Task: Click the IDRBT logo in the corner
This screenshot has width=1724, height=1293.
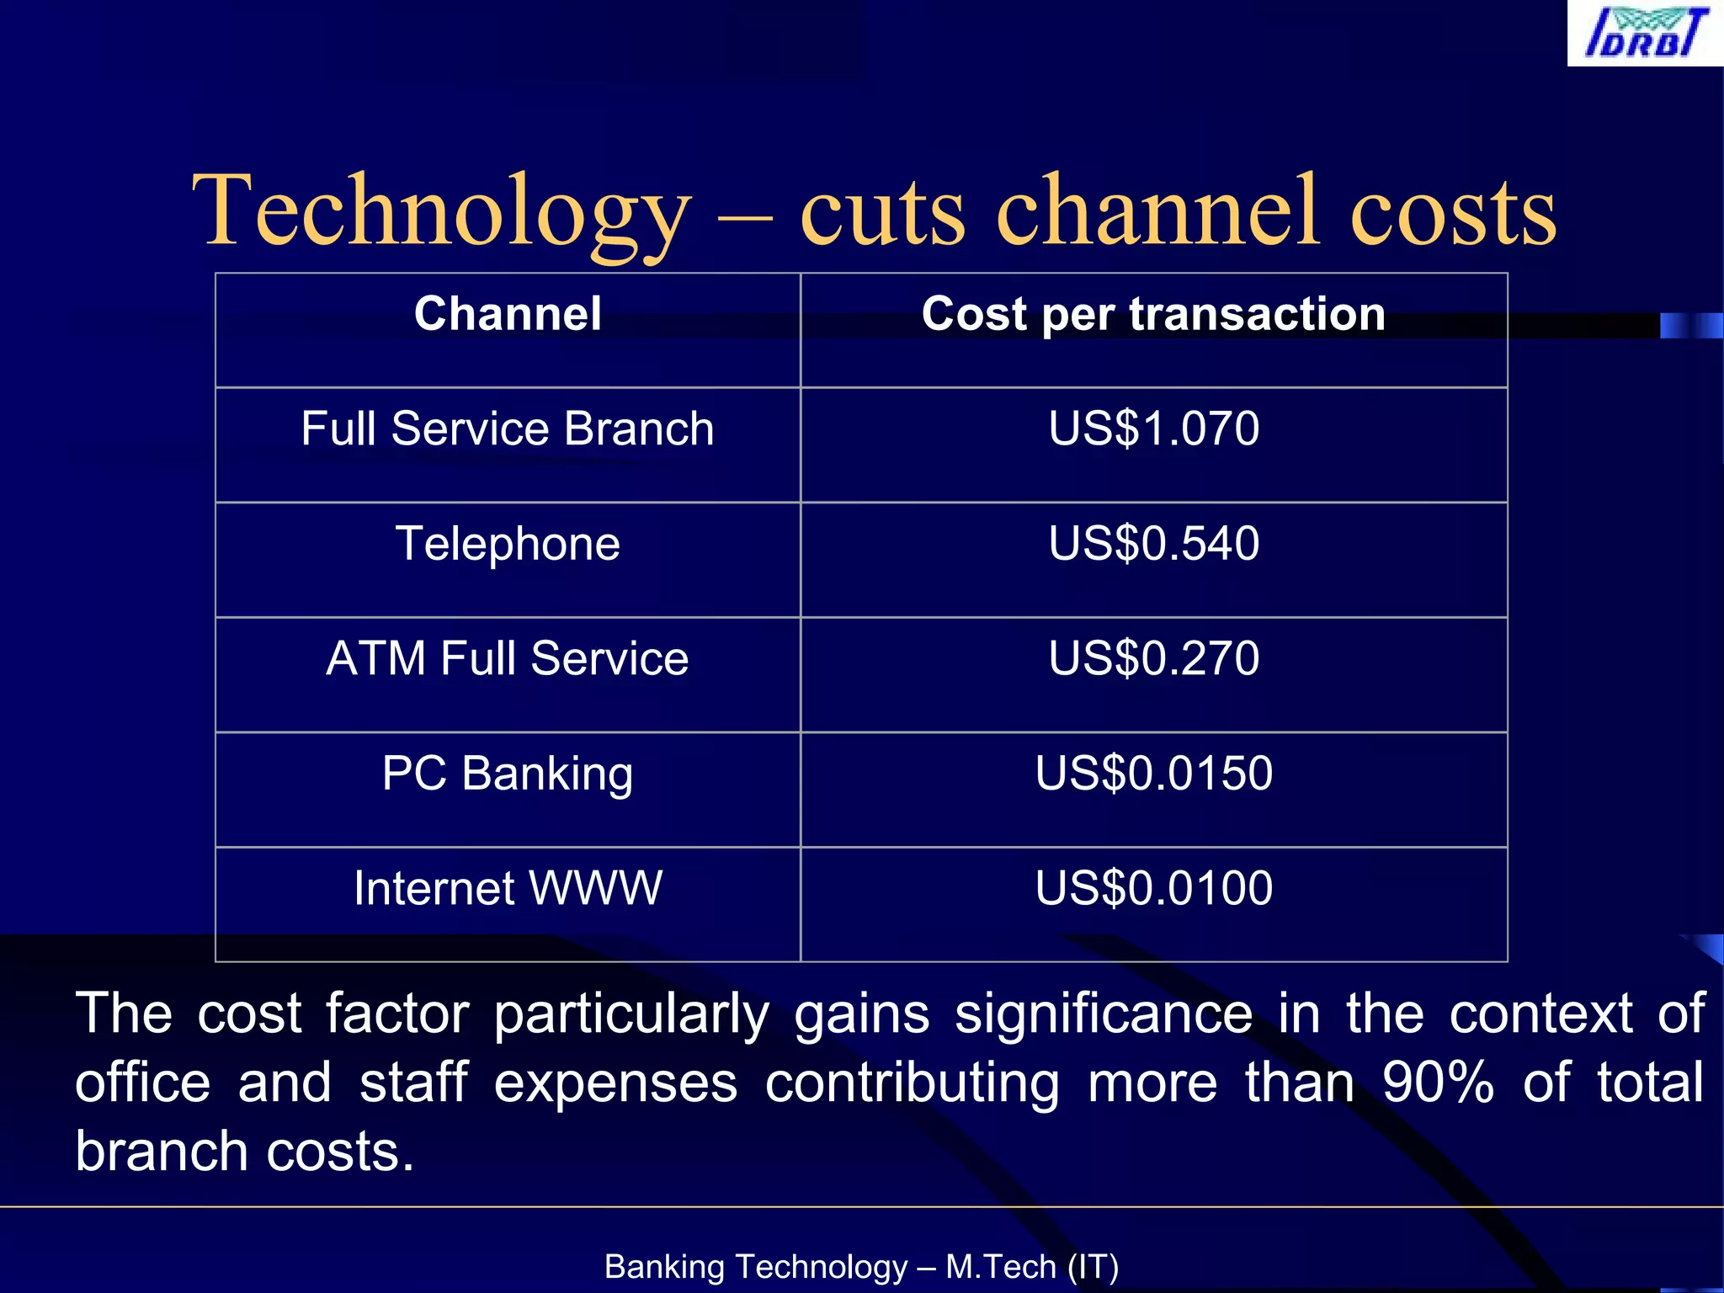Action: pyautogui.click(x=1645, y=34)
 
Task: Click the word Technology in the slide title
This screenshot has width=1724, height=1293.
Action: pyautogui.click(x=441, y=210)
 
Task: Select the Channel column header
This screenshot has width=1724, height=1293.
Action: pyautogui.click(x=508, y=314)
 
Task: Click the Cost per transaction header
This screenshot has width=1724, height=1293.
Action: pyautogui.click(x=1153, y=315)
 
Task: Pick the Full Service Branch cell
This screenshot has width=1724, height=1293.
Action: pyautogui.click(x=508, y=428)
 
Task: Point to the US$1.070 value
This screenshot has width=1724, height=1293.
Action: pyautogui.click(x=1153, y=428)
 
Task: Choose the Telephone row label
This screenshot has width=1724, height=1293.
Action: pyautogui.click(x=508, y=544)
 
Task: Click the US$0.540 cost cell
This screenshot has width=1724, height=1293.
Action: pyautogui.click(x=1153, y=544)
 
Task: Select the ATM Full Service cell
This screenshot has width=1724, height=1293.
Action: pyautogui.click(x=508, y=658)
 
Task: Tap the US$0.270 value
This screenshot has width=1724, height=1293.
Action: pyautogui.click(x=1153, y=658)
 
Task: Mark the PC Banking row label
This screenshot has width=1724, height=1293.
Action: pyautogui.click(x=508, y=774)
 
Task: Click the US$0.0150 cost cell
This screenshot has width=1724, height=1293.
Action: pyautogui.click(x=1153, y=774)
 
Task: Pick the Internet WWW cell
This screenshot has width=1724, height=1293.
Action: pyautogui.click(x=508, y=888)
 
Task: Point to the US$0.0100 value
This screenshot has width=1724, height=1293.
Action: pyautogui.click(x=1153, y=888)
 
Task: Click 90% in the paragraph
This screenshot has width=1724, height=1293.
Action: pyautogui.click(x=1438, y=1083)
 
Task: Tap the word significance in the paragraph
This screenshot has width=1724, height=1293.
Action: pyautogui.click(x=1103, y=1014)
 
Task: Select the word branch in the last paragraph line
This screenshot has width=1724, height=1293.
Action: pyautogui.click(x=161, y=1152)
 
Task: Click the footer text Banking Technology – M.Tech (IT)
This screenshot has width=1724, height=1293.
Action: pyautogui.click(x=861, y=1267)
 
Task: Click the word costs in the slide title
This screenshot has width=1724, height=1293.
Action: pyautogui.click(x=1453, y=210)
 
